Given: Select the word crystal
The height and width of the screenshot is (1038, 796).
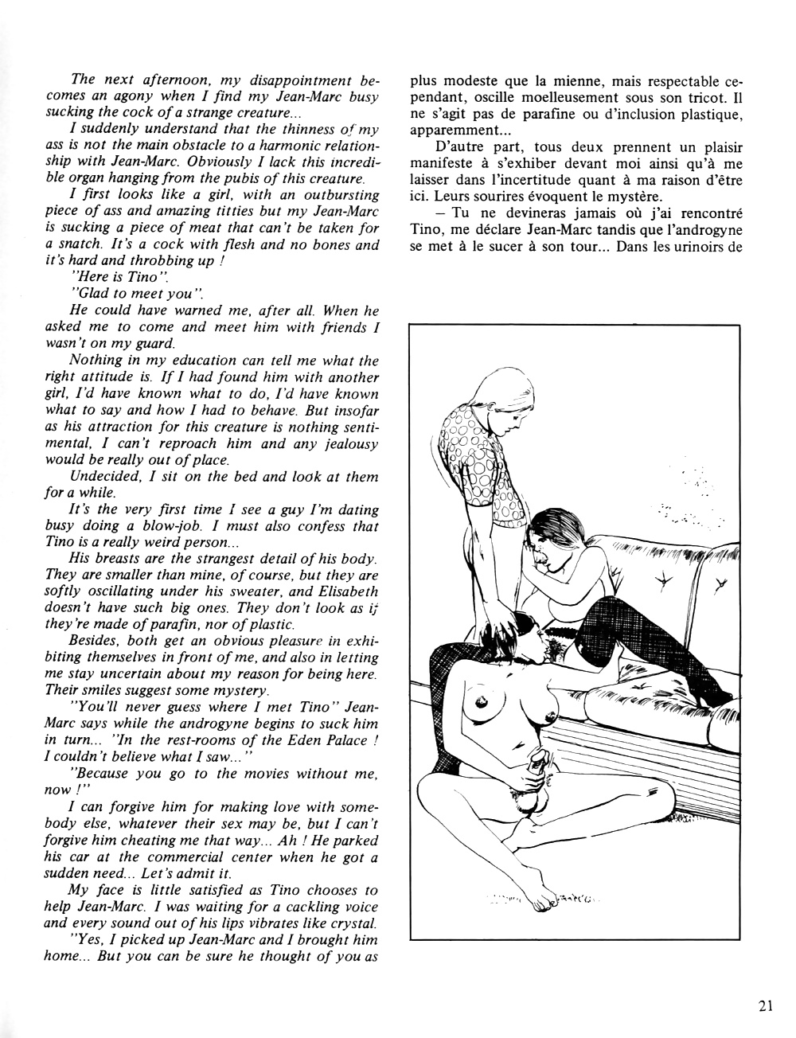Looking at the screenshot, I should [351, 923].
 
